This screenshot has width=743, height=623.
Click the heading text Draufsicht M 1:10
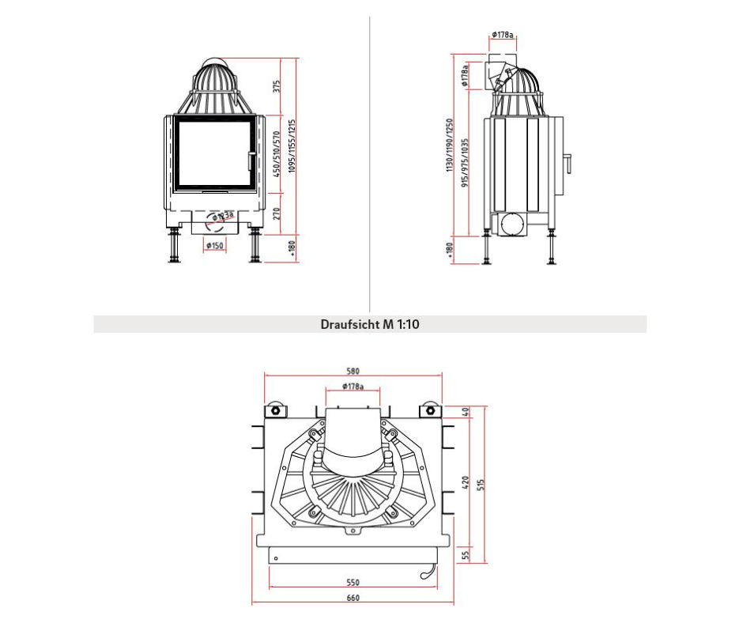click(x=370, y=324)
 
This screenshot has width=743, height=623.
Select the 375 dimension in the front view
click(x=277, y=87)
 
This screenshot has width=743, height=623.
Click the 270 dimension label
click(x=277, y=213)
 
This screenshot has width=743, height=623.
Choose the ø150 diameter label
click(x=215, y=246)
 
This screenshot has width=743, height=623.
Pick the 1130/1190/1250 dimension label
click(x=450, y=145)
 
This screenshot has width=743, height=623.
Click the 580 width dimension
click(x=353, y=372)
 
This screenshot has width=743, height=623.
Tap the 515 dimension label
click(x=481, y=485)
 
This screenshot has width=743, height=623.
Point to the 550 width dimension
click(x=353, y=583)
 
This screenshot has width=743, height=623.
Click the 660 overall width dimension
click(x=353, y=598)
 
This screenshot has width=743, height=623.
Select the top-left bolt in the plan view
click(x=275, y=410)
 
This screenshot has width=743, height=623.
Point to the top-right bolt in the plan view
click(x=430, y=410)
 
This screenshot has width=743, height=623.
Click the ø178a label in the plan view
click(x=353, y=387)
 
